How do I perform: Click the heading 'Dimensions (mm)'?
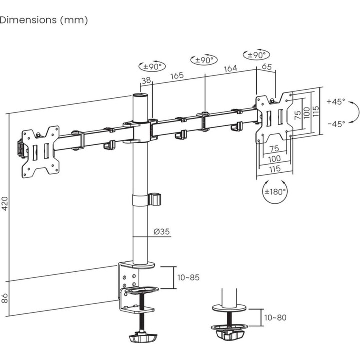coord(44,20)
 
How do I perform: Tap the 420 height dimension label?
coord(5,203)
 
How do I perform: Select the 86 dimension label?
coord(5,298)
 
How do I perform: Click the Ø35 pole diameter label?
coord(162,231)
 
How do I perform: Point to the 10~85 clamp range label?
coord(188,278)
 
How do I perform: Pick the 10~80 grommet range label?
coord(275,318)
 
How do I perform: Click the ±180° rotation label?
coord(275,191)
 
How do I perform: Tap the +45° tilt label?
coord(336,101)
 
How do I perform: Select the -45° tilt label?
coord(336,124)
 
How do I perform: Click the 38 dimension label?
coord(146,80)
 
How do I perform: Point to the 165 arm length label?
coord(177,75)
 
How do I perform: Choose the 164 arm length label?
coord(230,68)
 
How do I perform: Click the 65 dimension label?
coord(267,67)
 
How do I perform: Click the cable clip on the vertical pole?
coord(155,199)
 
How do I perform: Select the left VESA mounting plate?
coord(40,152)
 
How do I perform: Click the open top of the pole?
coord(140,95)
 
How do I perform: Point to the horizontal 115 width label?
coord(275,169)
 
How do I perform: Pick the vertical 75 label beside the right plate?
coord(298,115)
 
